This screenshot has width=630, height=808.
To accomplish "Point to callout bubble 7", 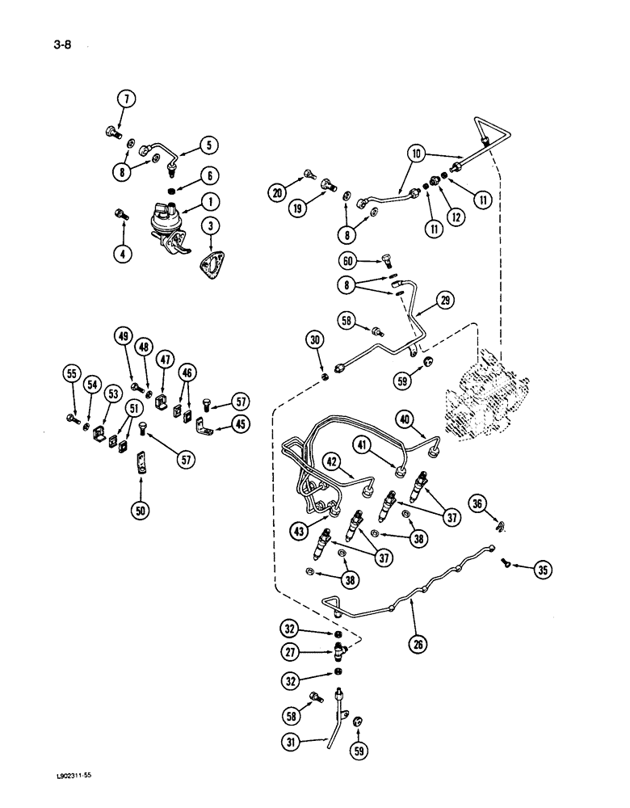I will point(125,100).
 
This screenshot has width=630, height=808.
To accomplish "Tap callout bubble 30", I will point(316,341).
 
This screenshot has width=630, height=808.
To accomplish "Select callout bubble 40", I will point(405,418).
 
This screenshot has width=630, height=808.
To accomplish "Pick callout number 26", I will point(418,645).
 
